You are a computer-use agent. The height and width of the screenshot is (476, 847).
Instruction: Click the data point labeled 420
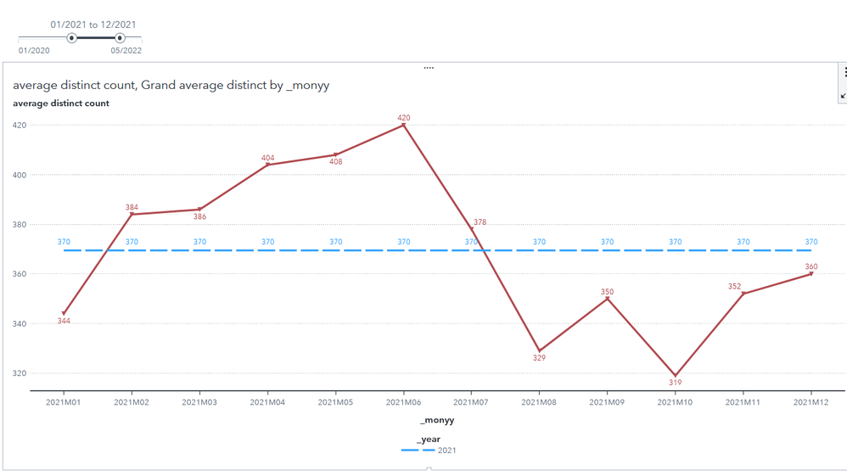click(403, 126)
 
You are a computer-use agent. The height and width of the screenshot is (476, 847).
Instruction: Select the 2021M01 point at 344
click(64, 314)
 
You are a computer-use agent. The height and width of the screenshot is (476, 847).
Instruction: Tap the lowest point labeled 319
click(676, 375)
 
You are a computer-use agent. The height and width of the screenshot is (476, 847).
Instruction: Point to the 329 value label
click(539, 358)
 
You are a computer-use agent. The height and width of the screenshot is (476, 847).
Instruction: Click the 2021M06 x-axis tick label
click(403, 402)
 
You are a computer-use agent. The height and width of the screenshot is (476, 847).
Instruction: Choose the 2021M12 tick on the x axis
click(811, 402)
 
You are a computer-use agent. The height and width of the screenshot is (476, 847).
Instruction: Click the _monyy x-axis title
click(436, 420)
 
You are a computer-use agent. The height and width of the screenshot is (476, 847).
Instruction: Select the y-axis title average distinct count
click(60, 104)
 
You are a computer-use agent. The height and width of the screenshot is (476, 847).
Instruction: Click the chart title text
click(171, 85)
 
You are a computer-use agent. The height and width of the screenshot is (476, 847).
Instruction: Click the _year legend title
click(429, 439)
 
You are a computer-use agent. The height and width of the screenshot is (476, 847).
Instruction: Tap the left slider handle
click(72, 38)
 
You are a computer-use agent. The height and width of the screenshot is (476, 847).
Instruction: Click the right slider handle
click(120, 38)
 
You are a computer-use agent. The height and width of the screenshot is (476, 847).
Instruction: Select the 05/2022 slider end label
click(126, 51)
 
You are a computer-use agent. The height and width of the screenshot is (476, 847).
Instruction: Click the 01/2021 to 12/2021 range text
click(93, 25)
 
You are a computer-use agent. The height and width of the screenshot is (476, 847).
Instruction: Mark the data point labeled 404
click(268, 165)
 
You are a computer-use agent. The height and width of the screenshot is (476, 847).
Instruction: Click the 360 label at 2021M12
click(811, 266)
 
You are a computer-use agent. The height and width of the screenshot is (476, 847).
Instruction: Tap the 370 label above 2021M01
click(64, 242)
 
